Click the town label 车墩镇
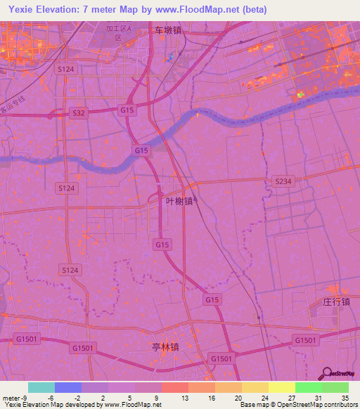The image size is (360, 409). point(168,31)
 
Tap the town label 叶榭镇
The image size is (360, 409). point(179,201)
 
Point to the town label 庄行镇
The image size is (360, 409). point(336,301)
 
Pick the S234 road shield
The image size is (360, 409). point(282,181)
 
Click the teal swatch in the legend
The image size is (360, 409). point(41,387)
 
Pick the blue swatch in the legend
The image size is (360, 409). point(68,387)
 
